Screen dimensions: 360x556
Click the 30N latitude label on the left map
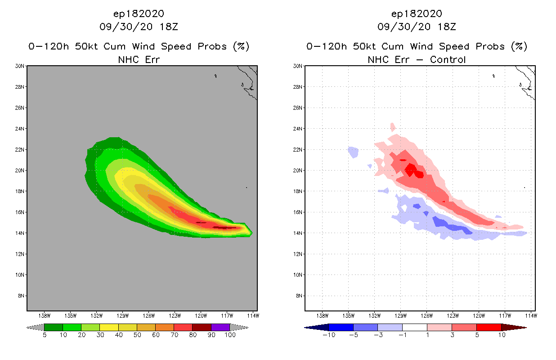pos(20,66)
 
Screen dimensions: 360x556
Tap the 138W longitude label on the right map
pos(322,315)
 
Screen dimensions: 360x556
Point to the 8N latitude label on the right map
pos(298,296)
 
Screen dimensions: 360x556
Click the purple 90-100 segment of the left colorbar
pos(220,327)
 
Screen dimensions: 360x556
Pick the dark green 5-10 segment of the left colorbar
pos(54,327)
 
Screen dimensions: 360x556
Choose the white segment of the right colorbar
pos(414,327)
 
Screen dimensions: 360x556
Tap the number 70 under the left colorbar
pos(174,335)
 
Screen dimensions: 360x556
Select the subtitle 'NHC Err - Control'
pos(417,60)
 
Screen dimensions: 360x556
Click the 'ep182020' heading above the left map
pos(139,13)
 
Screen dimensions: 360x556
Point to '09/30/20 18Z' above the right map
pos(417,27)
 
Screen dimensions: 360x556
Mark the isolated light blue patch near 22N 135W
pos(353,152)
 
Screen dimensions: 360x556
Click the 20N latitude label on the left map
pos(20,171)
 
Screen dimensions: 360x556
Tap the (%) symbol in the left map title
pos(240,46)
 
